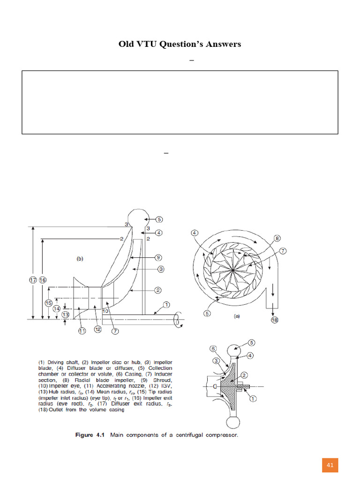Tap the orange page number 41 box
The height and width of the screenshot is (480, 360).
pos(330,465)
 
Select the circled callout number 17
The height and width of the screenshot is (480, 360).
pos(32,280)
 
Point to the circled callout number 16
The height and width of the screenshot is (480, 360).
pos(43,280)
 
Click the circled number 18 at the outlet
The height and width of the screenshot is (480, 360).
pos(274,320)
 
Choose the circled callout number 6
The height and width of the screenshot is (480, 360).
pos(212,348)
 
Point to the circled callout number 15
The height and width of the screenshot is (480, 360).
pos(48,303)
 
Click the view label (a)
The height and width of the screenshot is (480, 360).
pos(237,316)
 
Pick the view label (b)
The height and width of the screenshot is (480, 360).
pos(80,258)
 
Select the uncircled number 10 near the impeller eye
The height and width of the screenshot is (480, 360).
pos(106,311)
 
